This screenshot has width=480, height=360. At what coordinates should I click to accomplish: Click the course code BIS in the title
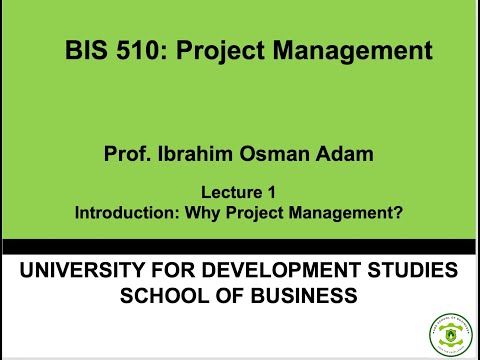(x=85, y=49)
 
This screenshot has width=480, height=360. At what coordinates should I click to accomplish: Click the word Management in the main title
(x=355, y=49)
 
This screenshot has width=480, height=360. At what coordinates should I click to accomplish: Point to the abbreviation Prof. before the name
(x=125, y=154)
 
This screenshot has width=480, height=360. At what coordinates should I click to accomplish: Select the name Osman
(x=272, y=154)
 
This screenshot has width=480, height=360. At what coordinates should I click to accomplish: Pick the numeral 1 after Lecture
(x=271, y=191)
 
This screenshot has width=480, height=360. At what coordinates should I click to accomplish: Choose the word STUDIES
(x=415, y=271)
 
